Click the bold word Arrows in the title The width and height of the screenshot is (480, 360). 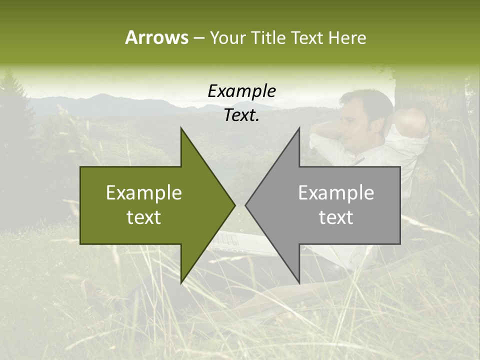[156, 37]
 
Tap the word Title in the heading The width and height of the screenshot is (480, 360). [268, 37]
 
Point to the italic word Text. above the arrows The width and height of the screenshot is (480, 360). [241, 115]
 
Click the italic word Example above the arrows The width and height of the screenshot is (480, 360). [241, 91]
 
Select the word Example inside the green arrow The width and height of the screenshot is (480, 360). [144, 193]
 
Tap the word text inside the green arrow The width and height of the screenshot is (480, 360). [144, 217]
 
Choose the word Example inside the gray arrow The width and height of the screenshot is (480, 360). [336, 193]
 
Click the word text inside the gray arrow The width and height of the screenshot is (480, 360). [336, 217]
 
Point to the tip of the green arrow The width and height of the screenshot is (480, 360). [234, 205]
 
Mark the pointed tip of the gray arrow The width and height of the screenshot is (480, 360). [246, 205]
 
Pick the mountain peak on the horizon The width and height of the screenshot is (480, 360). [102, 95]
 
